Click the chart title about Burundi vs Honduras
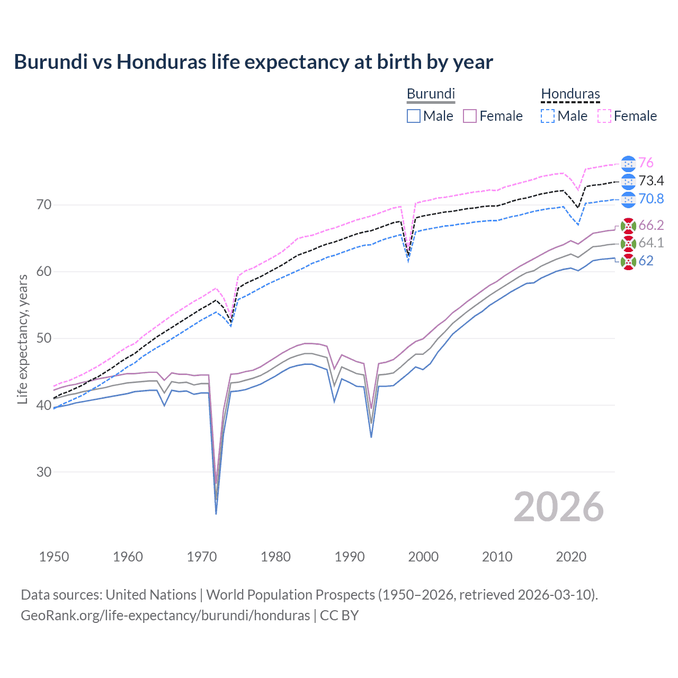253,62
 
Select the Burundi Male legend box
414,116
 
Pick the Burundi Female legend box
470,116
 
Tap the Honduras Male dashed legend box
548,116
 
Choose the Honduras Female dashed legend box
604,116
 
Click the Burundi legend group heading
431,94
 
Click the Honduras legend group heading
570,94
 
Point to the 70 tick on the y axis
44,204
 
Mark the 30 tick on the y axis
44,472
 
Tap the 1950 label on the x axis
54,557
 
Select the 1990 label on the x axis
350,557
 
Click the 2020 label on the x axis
571,557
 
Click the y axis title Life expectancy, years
22,339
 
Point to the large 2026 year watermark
558,507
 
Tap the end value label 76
646,163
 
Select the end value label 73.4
651,181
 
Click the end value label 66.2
651,225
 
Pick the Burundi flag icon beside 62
628,261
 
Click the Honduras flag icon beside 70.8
628,199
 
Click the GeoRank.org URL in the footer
165,615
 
